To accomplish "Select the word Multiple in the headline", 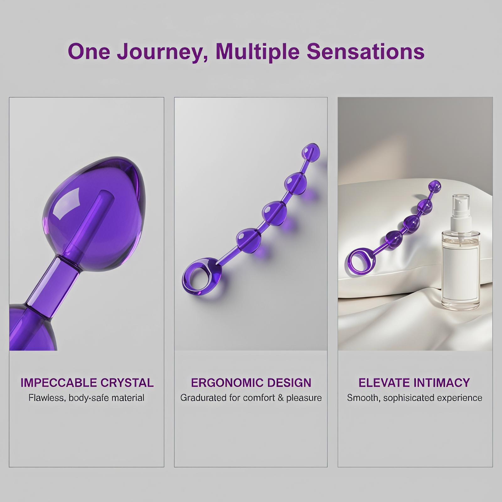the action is [x=258, y=52].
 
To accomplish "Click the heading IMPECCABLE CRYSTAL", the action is [x=87, y=383].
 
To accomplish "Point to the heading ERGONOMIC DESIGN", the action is [x=251, y=383].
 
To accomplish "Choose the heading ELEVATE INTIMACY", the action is [x=414, y=383].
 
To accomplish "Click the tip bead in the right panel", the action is [x=435, y=186].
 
